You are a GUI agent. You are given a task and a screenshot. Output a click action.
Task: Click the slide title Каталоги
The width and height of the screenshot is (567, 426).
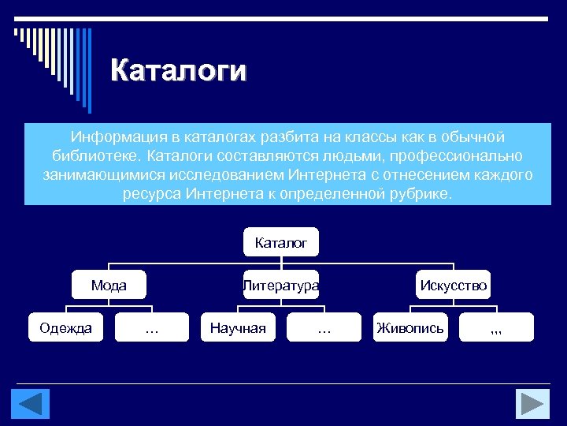(x=178, y=70)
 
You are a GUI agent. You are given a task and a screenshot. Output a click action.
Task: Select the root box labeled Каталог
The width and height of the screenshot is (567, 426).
(x=281, y=243)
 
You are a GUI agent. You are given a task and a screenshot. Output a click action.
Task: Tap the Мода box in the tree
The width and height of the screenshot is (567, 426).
(x=109, y=286)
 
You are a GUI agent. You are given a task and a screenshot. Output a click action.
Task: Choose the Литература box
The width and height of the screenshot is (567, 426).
(x=281, y=286)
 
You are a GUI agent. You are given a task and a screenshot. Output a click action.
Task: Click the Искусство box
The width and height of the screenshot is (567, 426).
(x=454, y=286)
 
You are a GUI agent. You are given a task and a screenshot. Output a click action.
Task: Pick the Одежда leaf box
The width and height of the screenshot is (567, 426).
(x=66, y=328)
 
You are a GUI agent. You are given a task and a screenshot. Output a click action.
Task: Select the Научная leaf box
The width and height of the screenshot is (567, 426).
(x=238, y=328)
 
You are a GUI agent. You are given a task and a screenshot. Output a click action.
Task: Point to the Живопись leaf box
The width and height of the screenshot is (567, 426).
(x=410, y=328)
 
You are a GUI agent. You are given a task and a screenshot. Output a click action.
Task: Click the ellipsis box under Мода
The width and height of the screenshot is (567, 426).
(x=152, y=328)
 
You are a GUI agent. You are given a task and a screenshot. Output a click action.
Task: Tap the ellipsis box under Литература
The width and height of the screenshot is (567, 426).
(x=324, y=328)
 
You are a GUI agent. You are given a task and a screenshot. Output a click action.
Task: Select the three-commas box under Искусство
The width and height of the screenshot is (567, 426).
(x=496, y=328)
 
